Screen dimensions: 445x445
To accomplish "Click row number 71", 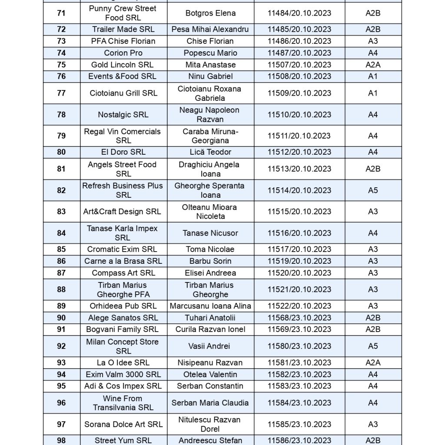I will coord(61,13).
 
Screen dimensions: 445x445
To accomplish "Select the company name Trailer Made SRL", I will coord(123,29).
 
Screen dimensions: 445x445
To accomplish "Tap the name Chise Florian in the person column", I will coord(210,41).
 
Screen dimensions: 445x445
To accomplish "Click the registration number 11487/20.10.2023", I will coord(299,53).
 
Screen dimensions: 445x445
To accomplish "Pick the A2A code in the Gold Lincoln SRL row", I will coord(372,65).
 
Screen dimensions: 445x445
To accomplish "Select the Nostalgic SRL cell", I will coord(123,115).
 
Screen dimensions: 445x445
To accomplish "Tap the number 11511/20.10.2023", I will coord(299,136).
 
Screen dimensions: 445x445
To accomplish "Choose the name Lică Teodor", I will coord(210,152).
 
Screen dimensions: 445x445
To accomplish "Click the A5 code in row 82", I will coord(372,190).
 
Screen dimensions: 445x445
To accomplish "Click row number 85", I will coord(61,249).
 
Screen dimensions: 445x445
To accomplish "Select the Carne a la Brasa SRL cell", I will coord(123,261).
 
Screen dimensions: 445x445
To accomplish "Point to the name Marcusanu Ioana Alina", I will coord(210,306).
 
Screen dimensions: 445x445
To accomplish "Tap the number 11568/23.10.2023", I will coord(299,318).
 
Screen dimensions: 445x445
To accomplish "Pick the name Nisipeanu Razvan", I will coord(210,362).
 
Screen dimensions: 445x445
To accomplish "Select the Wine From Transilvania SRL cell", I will coord(123,403).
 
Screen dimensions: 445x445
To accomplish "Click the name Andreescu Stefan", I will coord(210,440).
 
